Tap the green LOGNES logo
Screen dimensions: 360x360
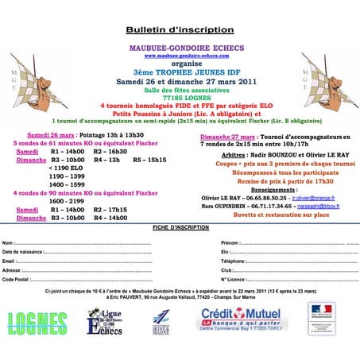click(37, 321)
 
